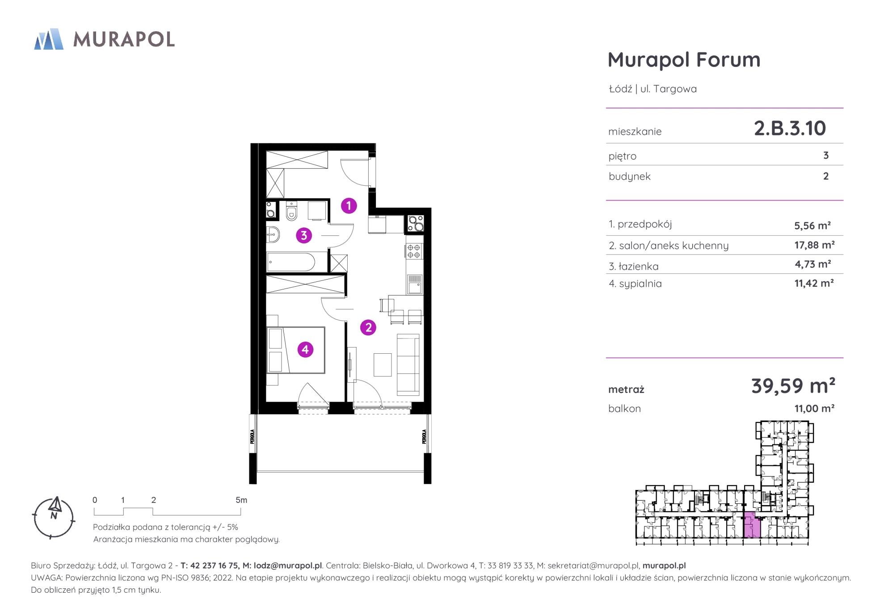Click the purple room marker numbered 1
(x=349, y=205)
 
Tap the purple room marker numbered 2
(x=368, y=327)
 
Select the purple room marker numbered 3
(x=304, y=235)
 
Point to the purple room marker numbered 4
(x=305, y=349)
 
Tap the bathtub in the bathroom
(x=291, y=262)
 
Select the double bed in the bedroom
(x=296, y=350)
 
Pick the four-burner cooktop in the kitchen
(x=414, y=251)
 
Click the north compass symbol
(x=54, y=517)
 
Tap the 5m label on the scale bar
(x=241, y=500)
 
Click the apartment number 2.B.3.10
(x=790, y=128)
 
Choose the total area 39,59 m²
(x=793, y=385)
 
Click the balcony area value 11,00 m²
(x=814, y=408)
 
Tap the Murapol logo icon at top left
(x=49, y=39)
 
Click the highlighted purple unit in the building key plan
(x=752, y=526)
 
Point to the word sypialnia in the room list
(x=640, y=284)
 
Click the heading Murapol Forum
(x=684, y=59)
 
